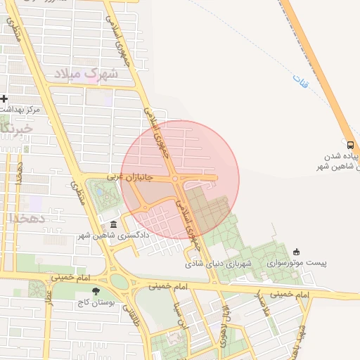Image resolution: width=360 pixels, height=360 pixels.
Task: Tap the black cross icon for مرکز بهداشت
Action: coord(5,98)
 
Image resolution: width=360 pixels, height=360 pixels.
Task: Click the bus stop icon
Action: coord(351,143)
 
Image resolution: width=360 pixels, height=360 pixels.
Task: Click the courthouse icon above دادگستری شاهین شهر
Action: coord(113,224)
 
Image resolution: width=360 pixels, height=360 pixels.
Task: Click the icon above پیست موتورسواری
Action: coord(296,252)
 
